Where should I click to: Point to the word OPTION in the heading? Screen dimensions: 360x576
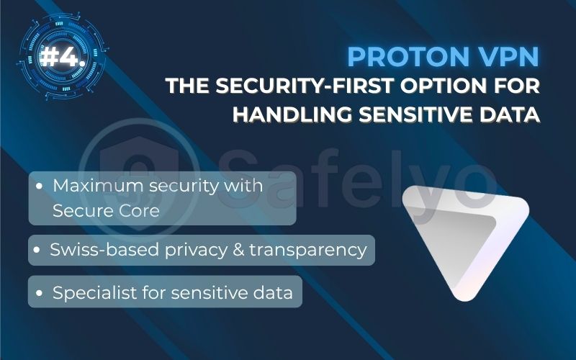pos(446,86)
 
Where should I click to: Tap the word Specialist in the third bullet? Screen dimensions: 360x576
pos(90,293)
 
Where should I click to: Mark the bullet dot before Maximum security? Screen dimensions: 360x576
pos(41,185)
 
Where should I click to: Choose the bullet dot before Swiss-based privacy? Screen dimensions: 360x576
pos(39,251)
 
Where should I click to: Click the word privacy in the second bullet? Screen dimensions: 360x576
pos(210,251)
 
